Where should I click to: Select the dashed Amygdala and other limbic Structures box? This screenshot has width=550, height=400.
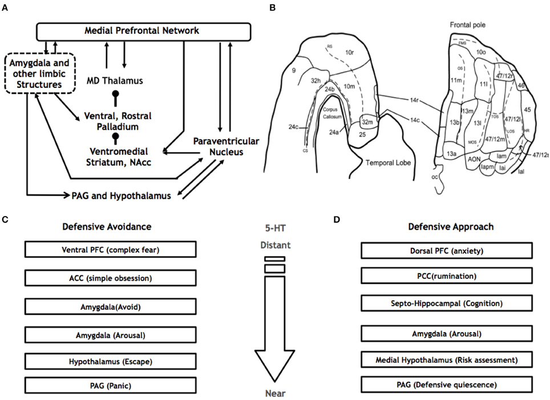coord(39,74)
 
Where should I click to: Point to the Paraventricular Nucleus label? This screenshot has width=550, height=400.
coord(219,146)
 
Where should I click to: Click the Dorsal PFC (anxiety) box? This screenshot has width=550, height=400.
coord(450,249)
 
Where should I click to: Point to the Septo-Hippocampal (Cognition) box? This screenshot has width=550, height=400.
coord(450,304)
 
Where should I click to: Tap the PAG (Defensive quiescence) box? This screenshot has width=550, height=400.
coord(450,385)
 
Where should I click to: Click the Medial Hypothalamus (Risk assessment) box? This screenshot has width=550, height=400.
coord(450,361)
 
